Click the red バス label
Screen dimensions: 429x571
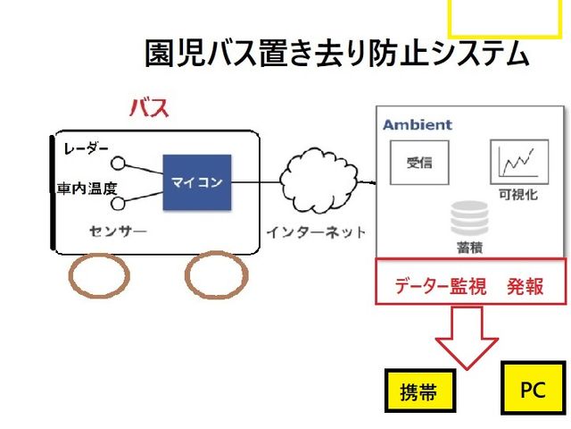149,109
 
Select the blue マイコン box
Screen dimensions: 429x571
196,182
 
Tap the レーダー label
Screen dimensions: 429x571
87,148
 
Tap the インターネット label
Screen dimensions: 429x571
316,232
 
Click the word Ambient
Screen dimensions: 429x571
418,125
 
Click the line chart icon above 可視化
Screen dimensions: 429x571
518,162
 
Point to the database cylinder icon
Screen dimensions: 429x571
469,217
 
